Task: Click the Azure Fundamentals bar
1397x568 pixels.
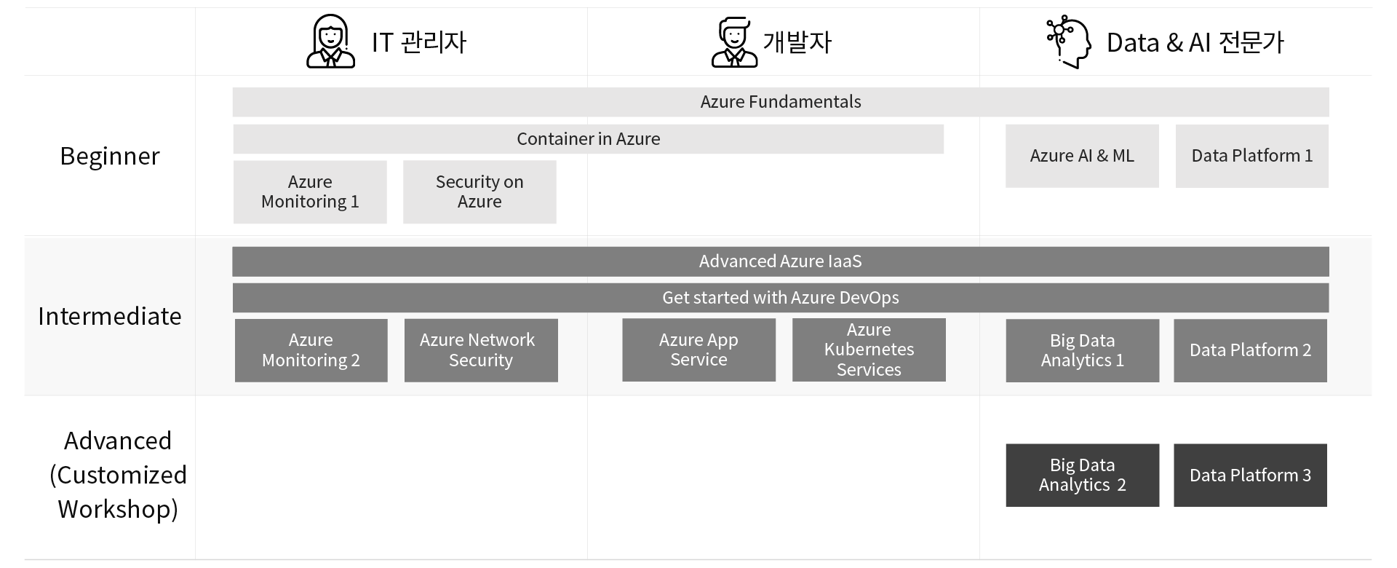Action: click(x=781, y=102)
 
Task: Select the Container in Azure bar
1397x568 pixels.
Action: click(x=588, y=139)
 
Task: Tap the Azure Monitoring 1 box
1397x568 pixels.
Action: click(x=310, y=192)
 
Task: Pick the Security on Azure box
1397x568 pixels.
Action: click(x=479, y=192)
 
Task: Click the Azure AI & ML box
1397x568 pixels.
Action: click(x=1082, y=156)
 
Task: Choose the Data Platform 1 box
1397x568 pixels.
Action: click(x=1252, y=156)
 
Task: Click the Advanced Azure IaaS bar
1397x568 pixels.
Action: click(x=781, y=261)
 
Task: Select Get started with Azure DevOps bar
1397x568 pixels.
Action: click(x=781, y=298)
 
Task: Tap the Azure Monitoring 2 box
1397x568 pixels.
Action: click(x=311, y=350)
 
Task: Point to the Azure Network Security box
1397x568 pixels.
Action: click(x=481, y=350)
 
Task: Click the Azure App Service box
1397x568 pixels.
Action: click(x=698, y=350)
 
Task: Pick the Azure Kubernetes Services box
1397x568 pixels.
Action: click(x=869, y=350)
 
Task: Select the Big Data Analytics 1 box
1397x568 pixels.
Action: click(x=1083, y=350)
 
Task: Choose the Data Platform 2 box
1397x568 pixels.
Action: click(x=1250, y=350)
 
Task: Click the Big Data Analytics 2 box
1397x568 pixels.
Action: click(x=1083, y=476)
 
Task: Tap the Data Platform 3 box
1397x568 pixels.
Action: click(x=1250, y=476)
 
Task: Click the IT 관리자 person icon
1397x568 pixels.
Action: click(x=331, y=42)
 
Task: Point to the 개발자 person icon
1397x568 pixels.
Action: click(x=734, y=42)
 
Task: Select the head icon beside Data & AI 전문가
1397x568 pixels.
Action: click(x=1069, y=42)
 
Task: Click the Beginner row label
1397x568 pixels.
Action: click(x=110, y=157)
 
